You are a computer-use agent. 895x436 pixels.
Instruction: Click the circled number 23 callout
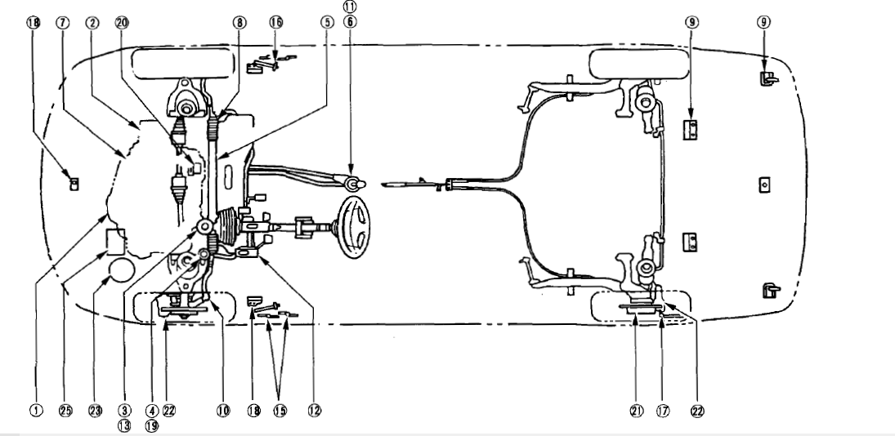pyautogui.click(x=96, y=410)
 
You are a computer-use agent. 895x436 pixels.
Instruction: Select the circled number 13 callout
pyautogui.click(x=125, y=424)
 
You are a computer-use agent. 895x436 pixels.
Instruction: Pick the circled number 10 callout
pyautogui.click(x=222, y=410)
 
